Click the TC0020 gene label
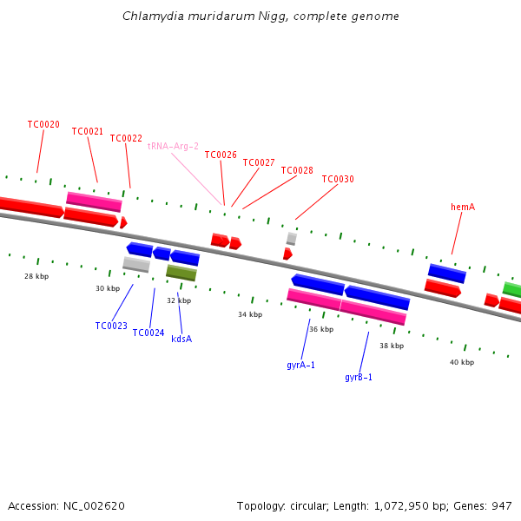tap(43, 124)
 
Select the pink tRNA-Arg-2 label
tap(173, 146)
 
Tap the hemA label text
tap(463, 207)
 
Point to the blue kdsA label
tap(181, 339)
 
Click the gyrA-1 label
tap(300, 366)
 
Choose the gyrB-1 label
tap(359, 377)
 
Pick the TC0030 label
tap(338, 179)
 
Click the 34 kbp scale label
tap(250, 314)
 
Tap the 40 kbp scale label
tap(462, 362)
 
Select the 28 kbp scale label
tap(36, 276)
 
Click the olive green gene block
tap(181, 273)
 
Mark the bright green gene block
tap(512, 289)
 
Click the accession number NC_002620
tap(94, 506)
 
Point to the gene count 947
tap(502, 506)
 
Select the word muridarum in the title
tap(221, 16)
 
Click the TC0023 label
tap(111, 326)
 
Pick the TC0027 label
tap(259, 162)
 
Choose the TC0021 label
tap(88, 131)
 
